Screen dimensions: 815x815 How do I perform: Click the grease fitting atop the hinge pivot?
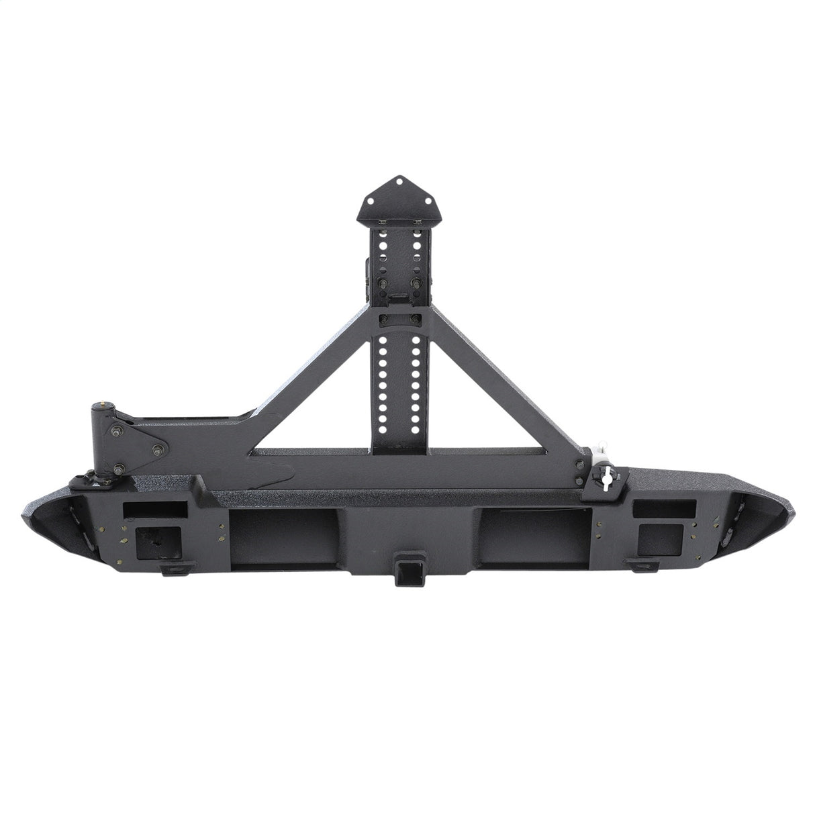click(101, 405)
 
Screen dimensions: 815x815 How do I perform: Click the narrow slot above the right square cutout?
click(657, 508)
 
